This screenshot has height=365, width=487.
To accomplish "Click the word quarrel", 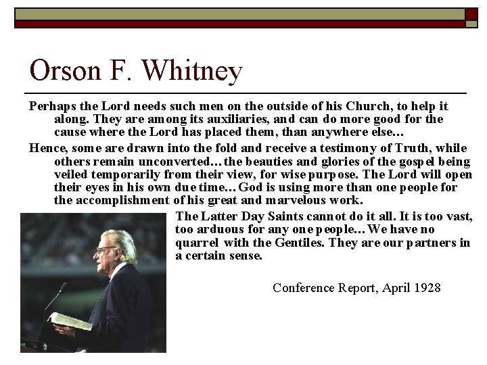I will (195, 242).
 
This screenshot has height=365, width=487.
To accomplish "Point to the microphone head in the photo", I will (64, 289).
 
